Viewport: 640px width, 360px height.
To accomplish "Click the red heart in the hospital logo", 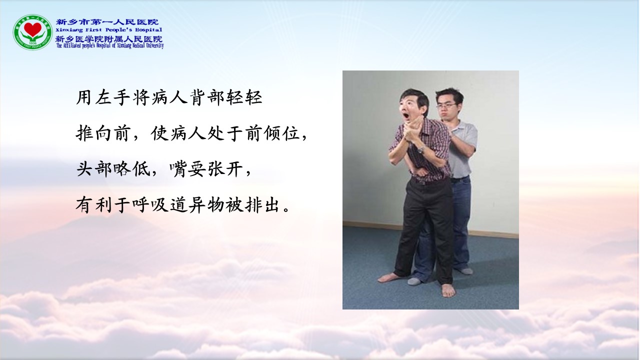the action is tap(32, 29).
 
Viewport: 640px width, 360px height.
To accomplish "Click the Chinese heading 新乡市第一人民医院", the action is tap(107, 22).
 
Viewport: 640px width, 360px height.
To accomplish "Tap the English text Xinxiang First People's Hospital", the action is tap(109, 29).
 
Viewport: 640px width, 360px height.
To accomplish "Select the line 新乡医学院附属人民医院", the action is tap(109, 39).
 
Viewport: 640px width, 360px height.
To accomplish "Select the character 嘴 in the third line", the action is tap(178, 169).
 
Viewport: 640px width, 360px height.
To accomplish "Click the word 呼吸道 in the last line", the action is tap(159, 205).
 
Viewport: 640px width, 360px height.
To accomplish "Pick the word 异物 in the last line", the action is tap(206, 205).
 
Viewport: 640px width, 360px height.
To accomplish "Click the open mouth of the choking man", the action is tap(405, 116).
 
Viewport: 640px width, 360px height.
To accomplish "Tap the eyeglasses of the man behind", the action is tap(447, 106).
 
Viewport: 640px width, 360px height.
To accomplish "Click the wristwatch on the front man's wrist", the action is tap(421, 149).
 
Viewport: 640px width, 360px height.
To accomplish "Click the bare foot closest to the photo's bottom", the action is tap(447, 290).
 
